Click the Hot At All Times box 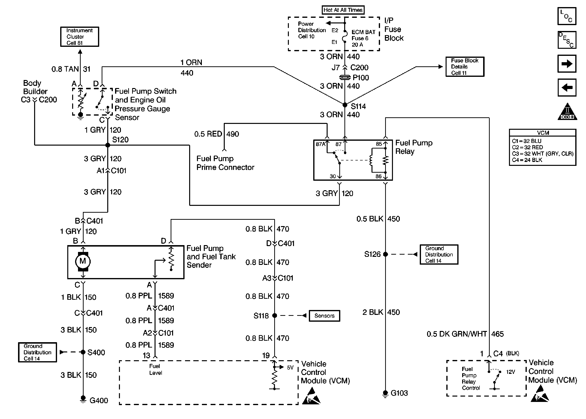(343, 10)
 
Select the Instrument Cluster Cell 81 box (79, 37)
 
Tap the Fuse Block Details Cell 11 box (465, 67)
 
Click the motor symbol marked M (83, 261)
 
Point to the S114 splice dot (345, 105)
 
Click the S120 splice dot (108, 145)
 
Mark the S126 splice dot (385, 254)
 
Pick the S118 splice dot (274, 315)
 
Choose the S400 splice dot (83, 352)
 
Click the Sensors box (324, 316)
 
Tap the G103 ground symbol (385, 393)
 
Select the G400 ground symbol (83, 399)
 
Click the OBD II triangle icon (567, 112)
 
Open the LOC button (567, 16)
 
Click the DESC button (567, 40)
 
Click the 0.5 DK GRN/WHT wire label (457, 334)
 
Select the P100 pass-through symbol (345, 77)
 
